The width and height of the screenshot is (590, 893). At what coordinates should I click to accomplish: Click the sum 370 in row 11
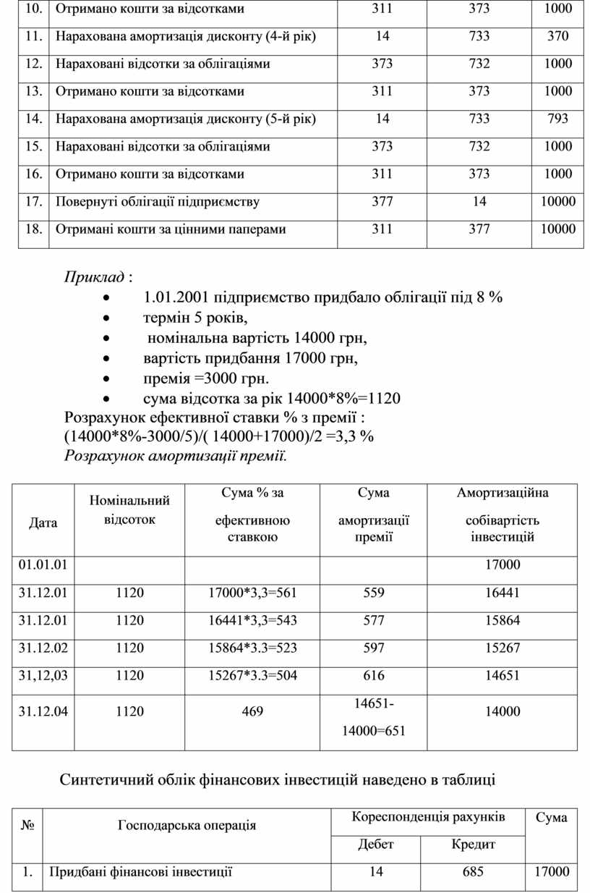(x=557, y=36)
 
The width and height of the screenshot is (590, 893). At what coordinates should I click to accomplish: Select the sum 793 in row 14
(x=557, y=119)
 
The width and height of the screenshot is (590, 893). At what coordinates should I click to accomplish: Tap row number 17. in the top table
(x=33, y=201)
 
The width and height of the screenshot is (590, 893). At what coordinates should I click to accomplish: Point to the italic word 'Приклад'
(x=94, y=278)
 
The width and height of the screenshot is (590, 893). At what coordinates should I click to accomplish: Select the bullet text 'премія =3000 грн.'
(x=206, y=378)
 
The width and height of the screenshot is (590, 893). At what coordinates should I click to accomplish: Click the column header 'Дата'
(x=43, y=522)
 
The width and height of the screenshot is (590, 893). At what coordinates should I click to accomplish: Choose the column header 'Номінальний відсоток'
(x=129, y=509)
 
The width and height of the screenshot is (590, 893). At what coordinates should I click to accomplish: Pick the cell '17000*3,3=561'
(x=252, y=593)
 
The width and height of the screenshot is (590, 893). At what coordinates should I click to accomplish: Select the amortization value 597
(x=375, y=648)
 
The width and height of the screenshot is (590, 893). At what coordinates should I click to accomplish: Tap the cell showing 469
(x=252, y=711)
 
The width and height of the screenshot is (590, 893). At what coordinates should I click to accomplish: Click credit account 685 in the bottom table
(x=473, y=872)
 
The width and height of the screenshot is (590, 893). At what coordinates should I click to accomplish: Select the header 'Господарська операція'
(x=187, y=826)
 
